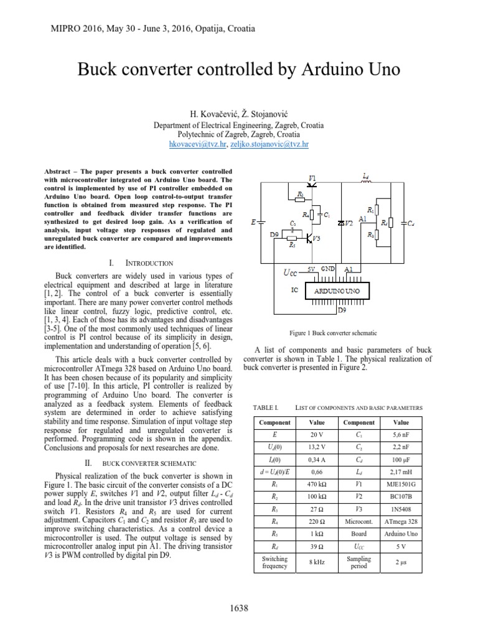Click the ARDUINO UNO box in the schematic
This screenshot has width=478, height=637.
coord(337,291)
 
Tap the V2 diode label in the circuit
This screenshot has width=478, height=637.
coord(349,222)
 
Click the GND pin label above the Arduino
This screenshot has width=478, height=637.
coord(327,269)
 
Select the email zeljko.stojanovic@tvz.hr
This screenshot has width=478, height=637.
coord(269,144)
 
